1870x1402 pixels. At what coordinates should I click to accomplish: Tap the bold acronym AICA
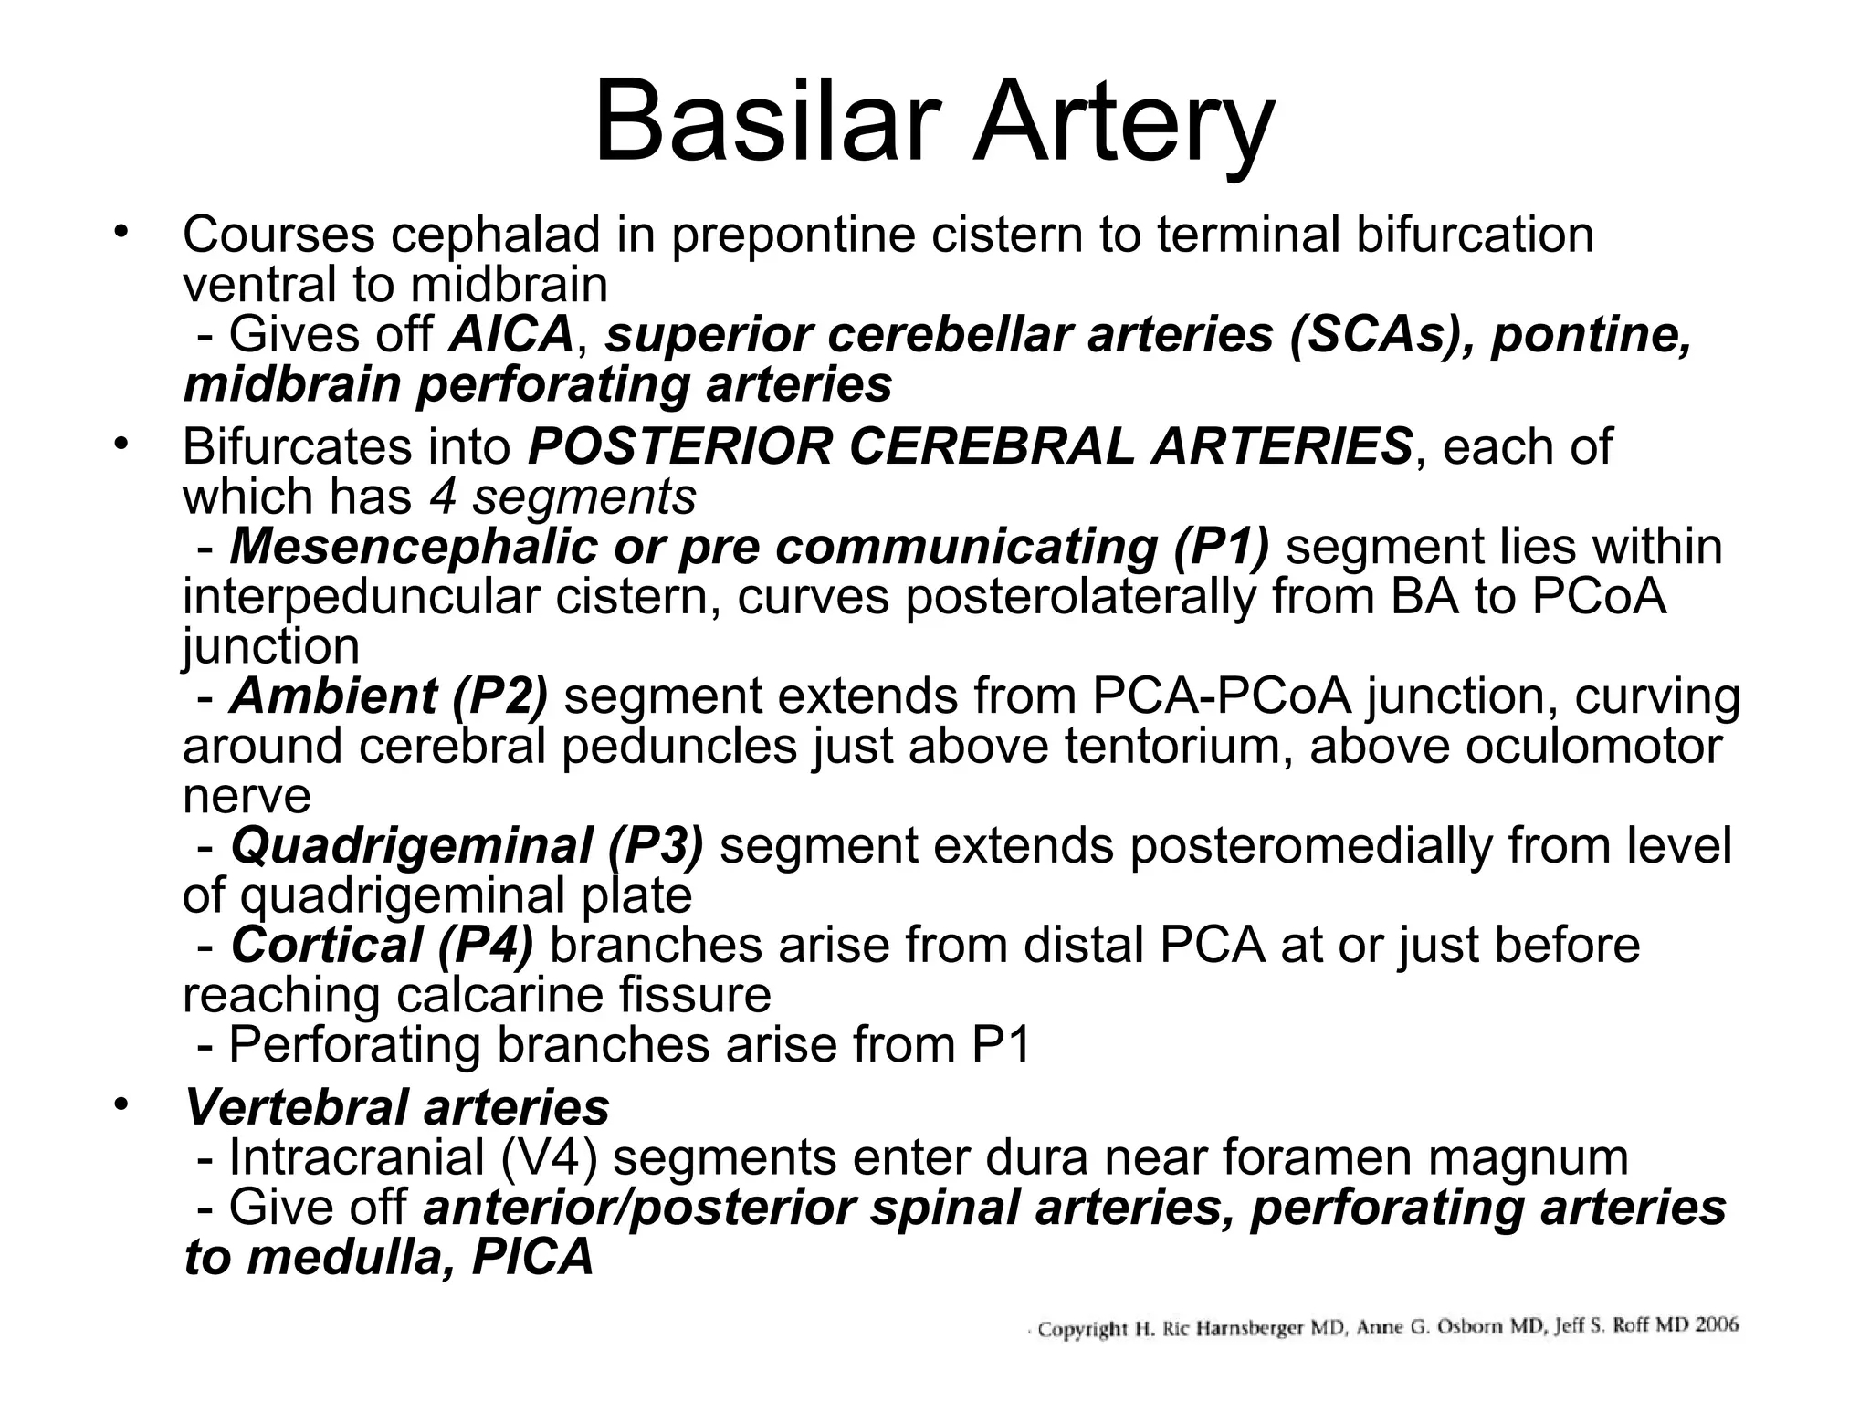click(510, 334)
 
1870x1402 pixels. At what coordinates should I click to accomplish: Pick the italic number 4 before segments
click(442, 497)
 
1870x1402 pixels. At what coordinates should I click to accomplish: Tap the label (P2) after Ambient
click(499, 696)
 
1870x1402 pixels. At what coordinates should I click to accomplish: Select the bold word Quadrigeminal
click(411, 846)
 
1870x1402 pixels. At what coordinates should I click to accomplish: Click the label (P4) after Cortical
click(485, 946)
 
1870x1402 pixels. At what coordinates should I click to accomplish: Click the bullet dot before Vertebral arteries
click(118, 1105)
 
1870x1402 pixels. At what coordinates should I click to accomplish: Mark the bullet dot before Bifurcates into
click(118, 445)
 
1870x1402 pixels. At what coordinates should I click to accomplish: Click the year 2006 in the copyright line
click(1717, 1325)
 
